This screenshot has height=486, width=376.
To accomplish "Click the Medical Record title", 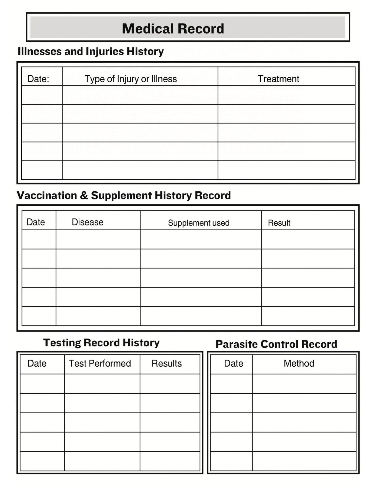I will click(x=173, y=29).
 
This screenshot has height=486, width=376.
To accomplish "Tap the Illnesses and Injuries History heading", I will click(x=91, y=51).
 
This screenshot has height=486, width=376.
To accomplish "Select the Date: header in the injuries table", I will click(x=38, y=79).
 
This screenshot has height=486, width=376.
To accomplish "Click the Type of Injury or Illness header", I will click(x=131, y=79).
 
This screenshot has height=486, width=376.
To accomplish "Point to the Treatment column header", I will click(x=278, y=79).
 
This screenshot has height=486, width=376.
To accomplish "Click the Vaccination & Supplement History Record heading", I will click(x=124, y=195).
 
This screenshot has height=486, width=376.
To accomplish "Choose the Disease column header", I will click(x=88, y=222).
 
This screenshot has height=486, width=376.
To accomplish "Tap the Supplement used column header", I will click(x=199, y=223).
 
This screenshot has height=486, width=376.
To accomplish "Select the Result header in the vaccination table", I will click(x=279, y=223).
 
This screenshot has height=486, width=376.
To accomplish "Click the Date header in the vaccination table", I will click(x=36, y=222).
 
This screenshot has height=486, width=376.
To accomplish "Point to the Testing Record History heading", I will click(x=101, y=343).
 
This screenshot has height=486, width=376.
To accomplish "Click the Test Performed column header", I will click(x=100, y=363).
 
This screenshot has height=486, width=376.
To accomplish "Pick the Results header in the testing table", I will click(x=167, y=363).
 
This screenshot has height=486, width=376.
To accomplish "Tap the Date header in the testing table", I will click(x=37, y=363).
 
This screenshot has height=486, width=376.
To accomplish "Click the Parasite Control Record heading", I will click(x=276, y=344).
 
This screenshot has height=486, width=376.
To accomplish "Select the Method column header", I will click(x=299, y=363).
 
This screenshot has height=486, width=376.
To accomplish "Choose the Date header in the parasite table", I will click(x=234, y=363).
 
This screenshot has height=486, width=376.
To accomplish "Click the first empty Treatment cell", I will click(x=286, y=95).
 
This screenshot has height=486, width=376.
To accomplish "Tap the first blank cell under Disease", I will click(x=98, y=239).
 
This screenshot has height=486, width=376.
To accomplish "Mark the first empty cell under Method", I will click(x=304, y=384).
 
